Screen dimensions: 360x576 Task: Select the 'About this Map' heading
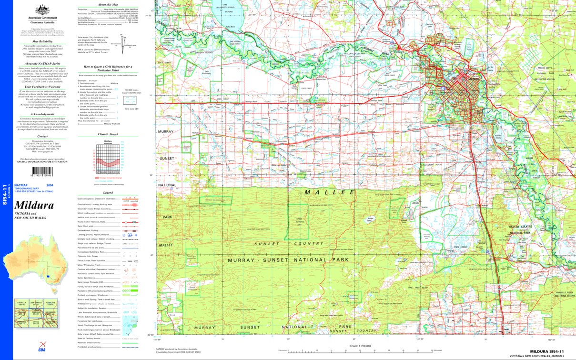(108, 4)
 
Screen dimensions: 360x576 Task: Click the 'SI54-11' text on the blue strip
(5, 195)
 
